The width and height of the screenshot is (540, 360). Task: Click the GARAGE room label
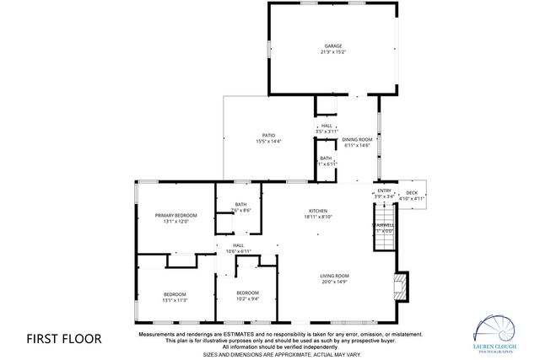(x=332, y=46)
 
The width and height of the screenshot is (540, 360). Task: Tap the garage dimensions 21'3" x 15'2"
(x=332, y=52)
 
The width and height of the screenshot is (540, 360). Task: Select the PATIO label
(x=268, y=135)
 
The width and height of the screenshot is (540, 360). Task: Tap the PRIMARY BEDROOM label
(x=175, y=216)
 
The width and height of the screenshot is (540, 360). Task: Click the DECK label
(x=411, y=192)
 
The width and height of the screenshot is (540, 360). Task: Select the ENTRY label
(x=384, y=191)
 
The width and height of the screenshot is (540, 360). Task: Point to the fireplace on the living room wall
(x=402, y=287)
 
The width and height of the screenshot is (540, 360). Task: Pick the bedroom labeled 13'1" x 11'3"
(x=175, y=297)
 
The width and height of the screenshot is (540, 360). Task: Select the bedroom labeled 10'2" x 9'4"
(x=248, y=295)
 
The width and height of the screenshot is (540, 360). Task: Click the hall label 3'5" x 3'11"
(x=326, y=129)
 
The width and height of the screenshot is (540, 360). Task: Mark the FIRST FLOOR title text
(x=64, y=339)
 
